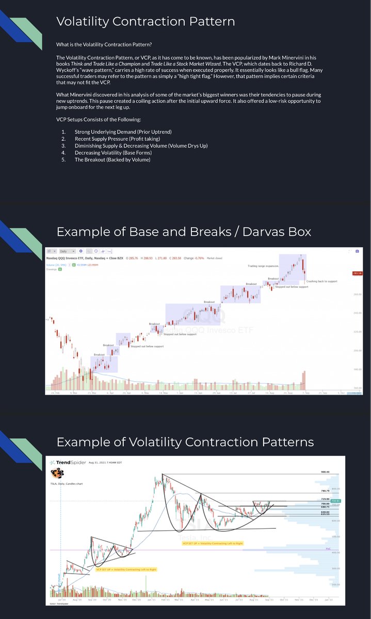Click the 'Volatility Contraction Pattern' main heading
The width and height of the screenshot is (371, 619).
tap(145, 21)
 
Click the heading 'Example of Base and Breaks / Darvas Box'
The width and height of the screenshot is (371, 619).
tap(184, 232)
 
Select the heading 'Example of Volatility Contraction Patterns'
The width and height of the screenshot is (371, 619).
tap(185, 442)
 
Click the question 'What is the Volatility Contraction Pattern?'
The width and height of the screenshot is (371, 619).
tap(104, 44)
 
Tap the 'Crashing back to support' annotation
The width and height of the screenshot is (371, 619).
tap(321, 282)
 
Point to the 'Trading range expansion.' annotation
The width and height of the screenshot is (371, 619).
tap(264, 266)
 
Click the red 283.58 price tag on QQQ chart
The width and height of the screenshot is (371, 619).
tap(357, 273)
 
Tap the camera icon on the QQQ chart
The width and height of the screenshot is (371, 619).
tap(357, 251)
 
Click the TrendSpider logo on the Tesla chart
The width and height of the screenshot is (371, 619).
tap(67, 463)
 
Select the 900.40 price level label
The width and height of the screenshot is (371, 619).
tap(325, 471)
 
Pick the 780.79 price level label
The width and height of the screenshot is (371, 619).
tap(325, 491)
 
